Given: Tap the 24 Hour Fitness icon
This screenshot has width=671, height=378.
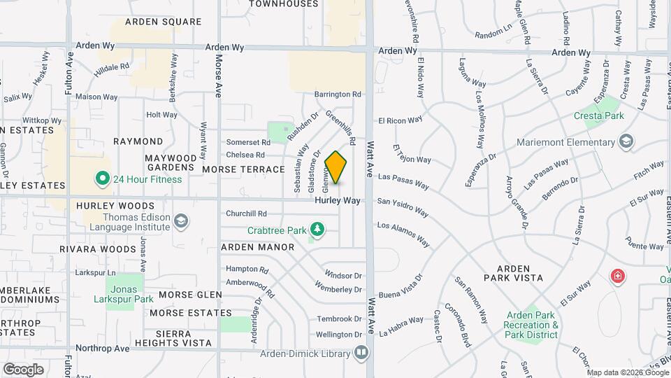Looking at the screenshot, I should pyautogui.click(x=103, y=178).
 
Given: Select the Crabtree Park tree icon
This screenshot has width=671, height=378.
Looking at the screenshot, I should pyautogui.click(x=317, y=229).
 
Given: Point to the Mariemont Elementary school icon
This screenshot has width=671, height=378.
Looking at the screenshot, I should pyautogui.click(x=626, y=142).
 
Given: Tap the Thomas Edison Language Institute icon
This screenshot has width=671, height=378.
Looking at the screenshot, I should pyautogui.click(x=181, y=222).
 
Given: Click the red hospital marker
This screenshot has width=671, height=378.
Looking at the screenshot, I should pyautogui.click(x=617, y=276).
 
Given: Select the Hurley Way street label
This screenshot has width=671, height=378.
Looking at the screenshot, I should pyautogui.click(x=337, y=200).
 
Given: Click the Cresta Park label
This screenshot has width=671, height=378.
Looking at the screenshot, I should pyautogui.click(x=598, y=115).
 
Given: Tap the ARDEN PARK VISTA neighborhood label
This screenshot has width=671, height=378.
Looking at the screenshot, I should pyautogui.click(x=519, y=273).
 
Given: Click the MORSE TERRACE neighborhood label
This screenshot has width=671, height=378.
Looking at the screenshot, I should pyautogui.click(x=243, y=169).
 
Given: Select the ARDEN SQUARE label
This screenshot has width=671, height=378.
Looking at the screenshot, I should pyautogui.click(x=163, y=22).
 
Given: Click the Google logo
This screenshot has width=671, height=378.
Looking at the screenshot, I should pyautogui.click(x=23, y=369).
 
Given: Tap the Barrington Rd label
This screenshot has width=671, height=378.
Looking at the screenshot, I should pyautogui.click(x=338, y=94).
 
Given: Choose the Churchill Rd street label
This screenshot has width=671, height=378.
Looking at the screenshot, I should pyautogui.click(x=246, y=213).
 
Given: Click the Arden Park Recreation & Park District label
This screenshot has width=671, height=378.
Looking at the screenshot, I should pyautogui.click(x=531, y=325).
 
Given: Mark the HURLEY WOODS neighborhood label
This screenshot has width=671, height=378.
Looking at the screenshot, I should pyautogui.click(x=115, y=206).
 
